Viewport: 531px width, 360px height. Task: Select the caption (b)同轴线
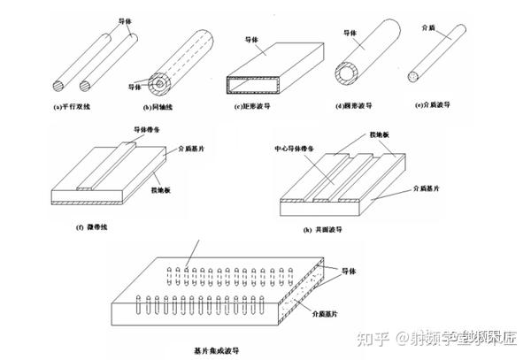pyautogui.click(x=159, y=108)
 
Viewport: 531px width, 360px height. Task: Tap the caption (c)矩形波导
pyautogui.click(x=257, y=108)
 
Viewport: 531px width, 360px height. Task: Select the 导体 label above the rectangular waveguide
pyautogui.click(x=252, y=40)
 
